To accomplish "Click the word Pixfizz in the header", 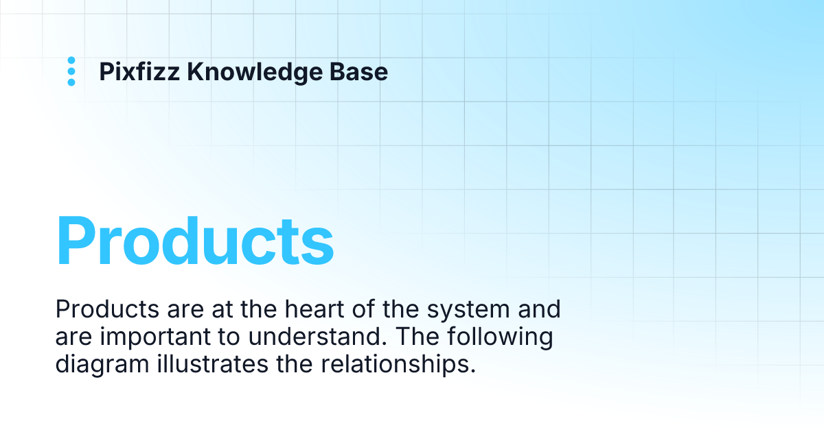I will [139, 71].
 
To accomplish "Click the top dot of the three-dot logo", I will [71, 60].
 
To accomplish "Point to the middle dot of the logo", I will [71, 71].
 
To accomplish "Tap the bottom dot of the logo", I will [71, 82].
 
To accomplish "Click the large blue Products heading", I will [195, 241].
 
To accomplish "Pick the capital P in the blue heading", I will [76, 241].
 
